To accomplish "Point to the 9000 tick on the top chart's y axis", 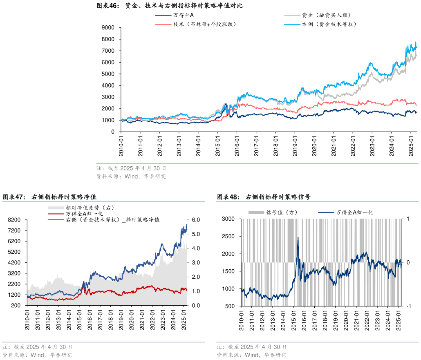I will tap(108, 27).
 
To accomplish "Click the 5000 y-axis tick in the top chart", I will tap(108, 74).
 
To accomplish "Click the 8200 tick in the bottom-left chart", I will tap(15, 220).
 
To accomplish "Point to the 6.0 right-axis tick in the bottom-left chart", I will tap(195, 220).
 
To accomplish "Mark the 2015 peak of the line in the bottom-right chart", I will tap(298, 237).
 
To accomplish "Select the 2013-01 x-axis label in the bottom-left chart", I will tap(59, 319).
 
